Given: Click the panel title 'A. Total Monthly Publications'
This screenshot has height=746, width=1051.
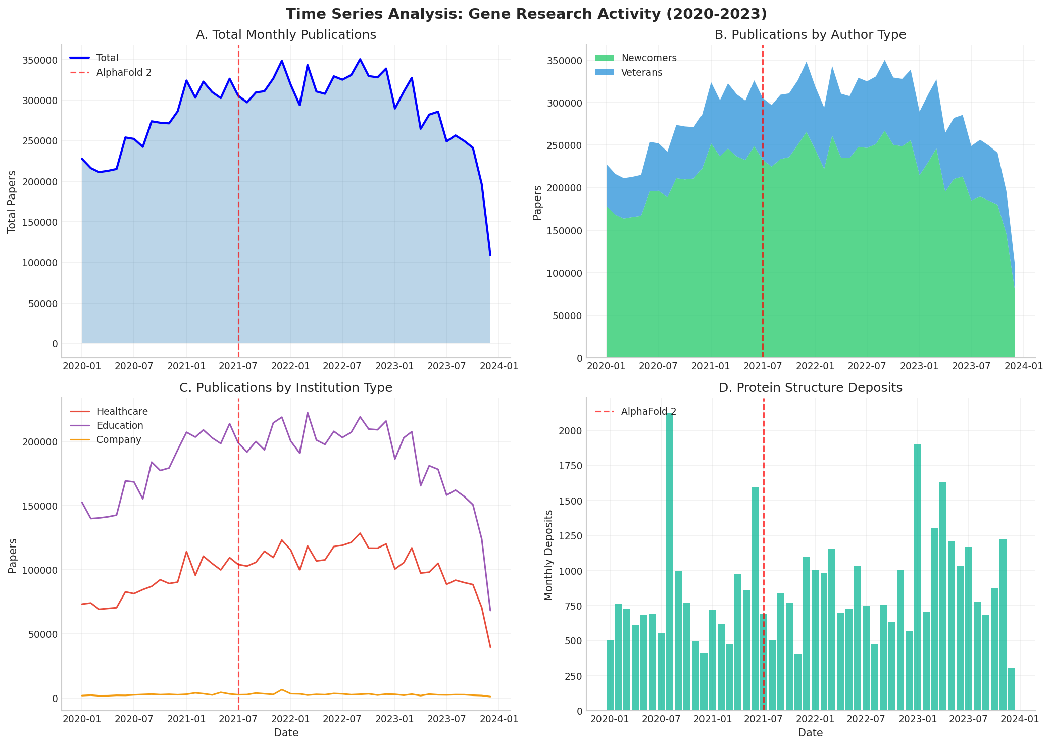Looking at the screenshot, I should coord(286,35).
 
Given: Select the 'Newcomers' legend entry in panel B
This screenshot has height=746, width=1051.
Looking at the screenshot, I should coord(648,58).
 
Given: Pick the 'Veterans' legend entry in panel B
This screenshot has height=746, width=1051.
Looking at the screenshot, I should coord(641,72).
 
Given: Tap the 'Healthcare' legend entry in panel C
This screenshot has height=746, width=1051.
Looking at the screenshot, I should coord(122,412).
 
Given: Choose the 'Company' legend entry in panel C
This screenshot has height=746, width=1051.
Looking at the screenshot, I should coord(119,440).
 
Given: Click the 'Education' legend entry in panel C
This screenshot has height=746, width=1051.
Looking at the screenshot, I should coord(120,426).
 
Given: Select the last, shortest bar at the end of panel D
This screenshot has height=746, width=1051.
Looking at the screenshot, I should coord(1012,689).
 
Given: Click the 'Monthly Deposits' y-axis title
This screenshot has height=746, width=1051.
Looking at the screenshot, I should coord(549,555).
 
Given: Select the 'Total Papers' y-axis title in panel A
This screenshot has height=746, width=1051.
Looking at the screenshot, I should coord(12,202).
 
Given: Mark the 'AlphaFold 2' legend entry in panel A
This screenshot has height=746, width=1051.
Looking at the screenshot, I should coord(124,72).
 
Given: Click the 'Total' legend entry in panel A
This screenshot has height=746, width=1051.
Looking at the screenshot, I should coord(107,58).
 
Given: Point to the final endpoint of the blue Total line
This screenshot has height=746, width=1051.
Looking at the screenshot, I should coord(490,255).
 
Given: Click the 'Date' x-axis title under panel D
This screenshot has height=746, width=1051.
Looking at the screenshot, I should coord(810,733).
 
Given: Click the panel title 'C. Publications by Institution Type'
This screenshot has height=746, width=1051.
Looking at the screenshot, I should coord(286,388).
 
